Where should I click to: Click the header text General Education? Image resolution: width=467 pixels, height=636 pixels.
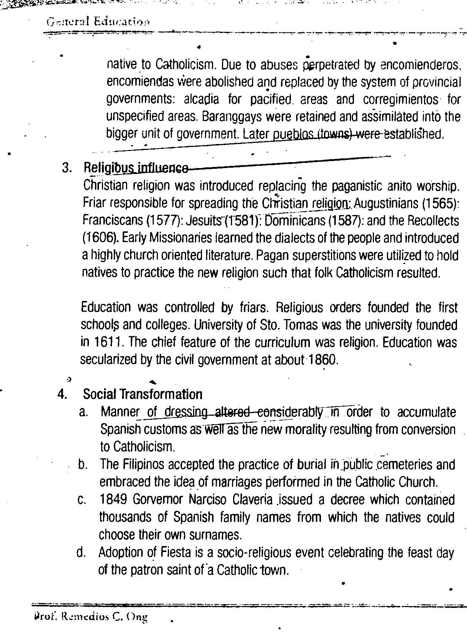(x=98, y=21)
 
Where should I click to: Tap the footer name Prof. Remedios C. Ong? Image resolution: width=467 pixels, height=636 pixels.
(x=90, y=617)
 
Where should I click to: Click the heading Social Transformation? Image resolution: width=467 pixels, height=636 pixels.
(x=143, y=394)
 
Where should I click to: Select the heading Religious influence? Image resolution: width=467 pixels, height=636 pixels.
(x=135, y=168)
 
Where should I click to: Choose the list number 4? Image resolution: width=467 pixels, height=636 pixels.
(x=62, y=395)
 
